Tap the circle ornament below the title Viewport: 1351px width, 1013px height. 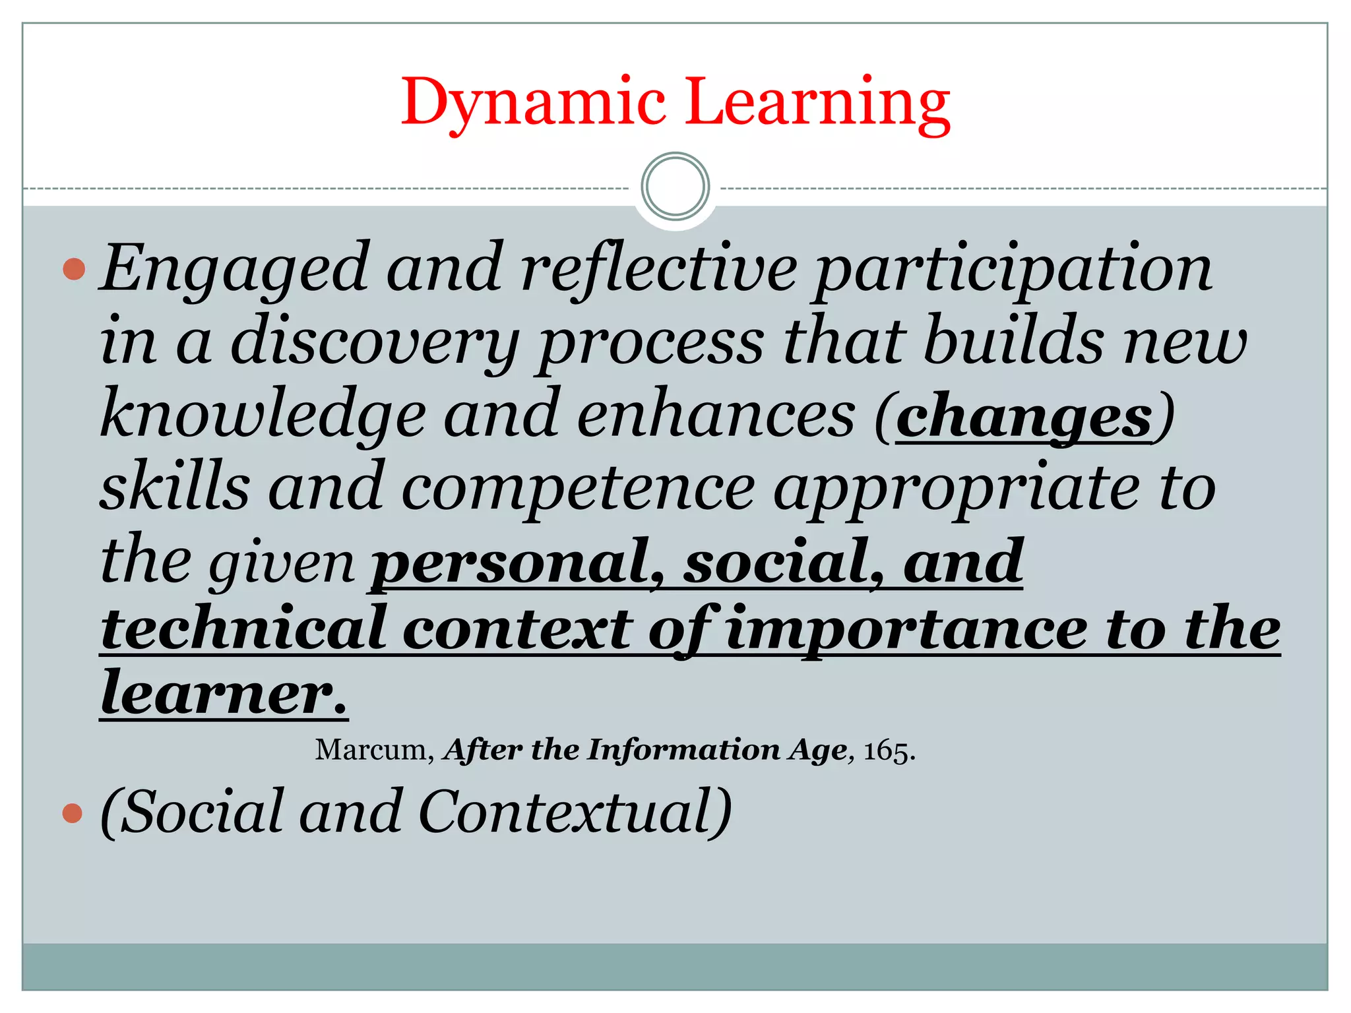675,186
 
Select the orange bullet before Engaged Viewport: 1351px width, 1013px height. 74,269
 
